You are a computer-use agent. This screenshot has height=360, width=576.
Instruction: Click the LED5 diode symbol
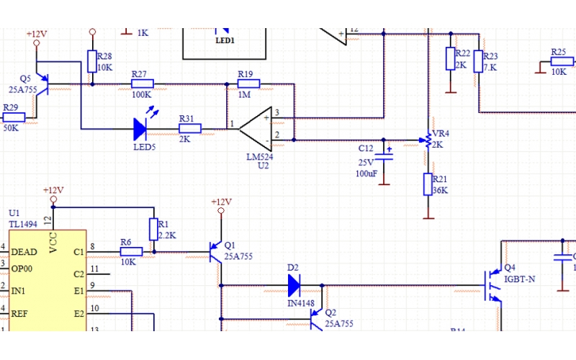141,129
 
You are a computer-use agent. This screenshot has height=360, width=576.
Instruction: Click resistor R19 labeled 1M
248,84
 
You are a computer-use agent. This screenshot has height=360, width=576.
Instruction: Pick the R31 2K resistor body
190,129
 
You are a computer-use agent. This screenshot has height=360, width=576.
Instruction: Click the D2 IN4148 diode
294,286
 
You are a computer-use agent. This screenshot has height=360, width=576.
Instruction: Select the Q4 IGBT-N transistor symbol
494,285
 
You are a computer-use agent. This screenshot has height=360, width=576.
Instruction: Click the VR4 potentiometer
428,140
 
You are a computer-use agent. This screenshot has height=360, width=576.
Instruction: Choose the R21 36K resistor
428,184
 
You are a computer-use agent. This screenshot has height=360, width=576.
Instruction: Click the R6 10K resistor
131,251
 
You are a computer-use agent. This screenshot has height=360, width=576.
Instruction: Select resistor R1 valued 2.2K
153,230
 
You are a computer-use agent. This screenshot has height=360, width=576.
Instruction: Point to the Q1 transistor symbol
215,252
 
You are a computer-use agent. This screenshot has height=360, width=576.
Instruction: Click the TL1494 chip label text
22,225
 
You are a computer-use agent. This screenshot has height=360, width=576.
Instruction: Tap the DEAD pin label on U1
24,252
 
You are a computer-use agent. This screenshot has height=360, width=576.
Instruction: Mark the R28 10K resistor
92,62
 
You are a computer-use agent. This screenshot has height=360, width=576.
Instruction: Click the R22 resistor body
451,59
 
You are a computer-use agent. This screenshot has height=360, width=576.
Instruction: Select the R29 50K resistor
13,117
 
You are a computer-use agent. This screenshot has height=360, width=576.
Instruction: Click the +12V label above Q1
221,202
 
